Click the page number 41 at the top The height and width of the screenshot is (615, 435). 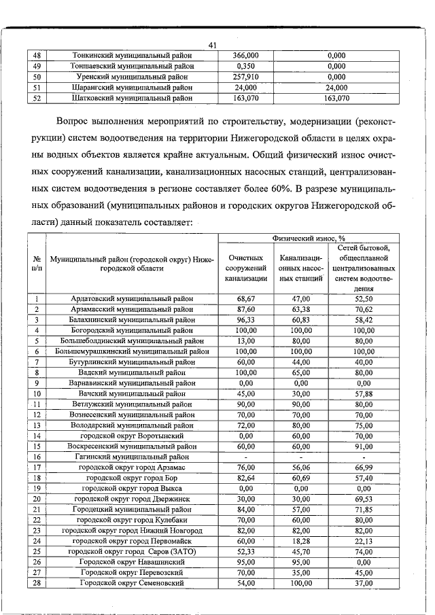212,46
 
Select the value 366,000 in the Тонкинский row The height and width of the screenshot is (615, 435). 245,55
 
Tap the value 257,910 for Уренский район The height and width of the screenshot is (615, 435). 245,77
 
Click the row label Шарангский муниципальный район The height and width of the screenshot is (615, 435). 133,88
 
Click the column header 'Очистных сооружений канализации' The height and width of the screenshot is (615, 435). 245,268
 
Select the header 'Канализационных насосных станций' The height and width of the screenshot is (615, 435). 300,268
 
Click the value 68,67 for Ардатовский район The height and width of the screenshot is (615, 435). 245,298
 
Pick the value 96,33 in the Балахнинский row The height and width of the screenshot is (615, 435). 245,319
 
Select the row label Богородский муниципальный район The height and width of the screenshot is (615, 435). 133,330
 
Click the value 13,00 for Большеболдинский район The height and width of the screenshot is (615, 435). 245,340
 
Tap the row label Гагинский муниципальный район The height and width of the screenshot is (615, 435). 133,457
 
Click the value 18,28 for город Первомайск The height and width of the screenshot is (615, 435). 300,541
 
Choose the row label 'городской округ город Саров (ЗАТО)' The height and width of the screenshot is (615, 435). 133,551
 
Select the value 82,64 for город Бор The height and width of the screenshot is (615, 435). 245,478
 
